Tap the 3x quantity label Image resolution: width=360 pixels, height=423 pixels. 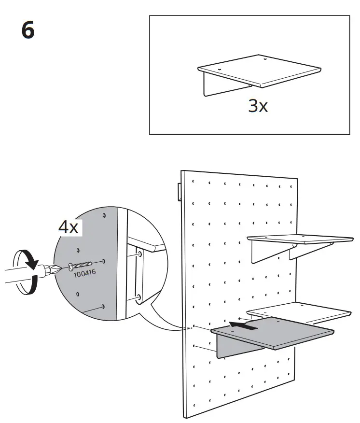point(258,106)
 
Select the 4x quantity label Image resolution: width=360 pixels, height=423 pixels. point(68,227)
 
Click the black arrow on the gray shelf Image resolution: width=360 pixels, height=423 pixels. point(244,325)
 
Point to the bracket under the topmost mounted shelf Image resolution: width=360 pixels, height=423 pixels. point(270,253)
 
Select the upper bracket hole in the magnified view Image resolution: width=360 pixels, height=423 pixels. point(139,254)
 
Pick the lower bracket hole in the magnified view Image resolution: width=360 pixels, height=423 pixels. point(139,298)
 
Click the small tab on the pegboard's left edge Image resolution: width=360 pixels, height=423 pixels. point(179,192)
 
